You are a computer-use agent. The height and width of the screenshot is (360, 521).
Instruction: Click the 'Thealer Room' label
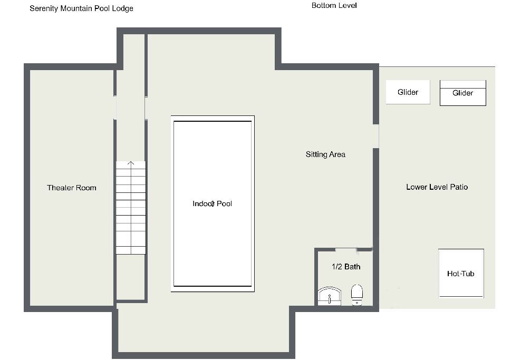(x=71, y=188)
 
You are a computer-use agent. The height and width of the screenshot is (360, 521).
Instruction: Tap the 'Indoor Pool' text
(x=213, y=203)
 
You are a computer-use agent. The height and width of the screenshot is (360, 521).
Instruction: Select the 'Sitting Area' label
(x=326, y=154)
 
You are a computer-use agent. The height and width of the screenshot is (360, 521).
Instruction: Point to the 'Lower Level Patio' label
(x=437, y=187)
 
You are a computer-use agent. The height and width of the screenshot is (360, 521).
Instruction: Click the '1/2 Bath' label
(x=346, y=267)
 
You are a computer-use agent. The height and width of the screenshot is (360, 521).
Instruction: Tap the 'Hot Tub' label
(x=460, y=274)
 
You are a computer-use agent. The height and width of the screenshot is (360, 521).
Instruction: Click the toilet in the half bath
(x=357, y=294)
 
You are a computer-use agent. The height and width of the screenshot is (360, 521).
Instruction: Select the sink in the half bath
(x=329, y=296)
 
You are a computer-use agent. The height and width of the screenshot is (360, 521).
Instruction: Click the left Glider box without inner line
(x=408, y=92)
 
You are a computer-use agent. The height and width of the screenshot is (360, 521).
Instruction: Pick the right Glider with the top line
(x=463, y=93)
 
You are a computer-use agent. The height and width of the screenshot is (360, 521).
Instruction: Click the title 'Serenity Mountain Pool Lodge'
(x=81, y=8)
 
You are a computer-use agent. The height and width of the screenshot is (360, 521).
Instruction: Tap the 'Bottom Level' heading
(x=334, y=5)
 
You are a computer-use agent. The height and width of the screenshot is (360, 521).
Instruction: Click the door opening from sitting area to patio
(x=376, y=136)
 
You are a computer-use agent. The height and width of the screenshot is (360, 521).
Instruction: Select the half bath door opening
(x=346, y=249)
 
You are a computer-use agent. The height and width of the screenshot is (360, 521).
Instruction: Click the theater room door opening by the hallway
(x=115, y=108)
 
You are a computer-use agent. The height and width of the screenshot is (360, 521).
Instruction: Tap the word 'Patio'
(x=459, y=187)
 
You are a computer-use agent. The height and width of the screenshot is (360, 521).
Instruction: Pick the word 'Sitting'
(x=316, y=154)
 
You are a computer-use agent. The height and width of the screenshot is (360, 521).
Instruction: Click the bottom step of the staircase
(x=131, y=250)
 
